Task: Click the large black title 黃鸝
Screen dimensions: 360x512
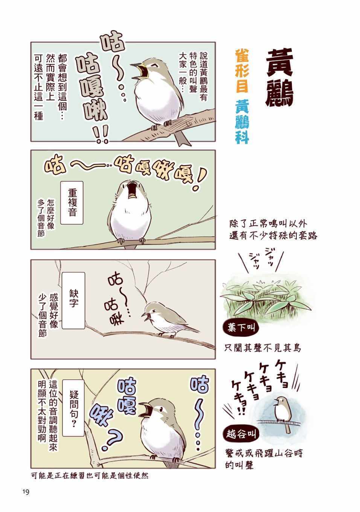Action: (x=279, y=78)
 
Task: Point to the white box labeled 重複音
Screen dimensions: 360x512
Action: (x=72, y=203)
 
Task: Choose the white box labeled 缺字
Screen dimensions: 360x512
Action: (x=73, y=300)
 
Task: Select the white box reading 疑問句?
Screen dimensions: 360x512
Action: (x=73, y=408)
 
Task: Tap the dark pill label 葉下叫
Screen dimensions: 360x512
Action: (x=241, y=328)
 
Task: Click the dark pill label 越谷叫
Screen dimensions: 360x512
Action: (x=241, y=434)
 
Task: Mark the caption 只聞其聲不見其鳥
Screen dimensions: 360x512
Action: (x=262, y=348)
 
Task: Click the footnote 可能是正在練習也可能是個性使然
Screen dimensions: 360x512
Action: (x=90, y=476)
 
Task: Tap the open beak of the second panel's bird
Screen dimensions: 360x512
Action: (x=132, y=190)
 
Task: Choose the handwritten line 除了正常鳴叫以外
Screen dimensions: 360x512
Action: (x=268, y=224)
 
